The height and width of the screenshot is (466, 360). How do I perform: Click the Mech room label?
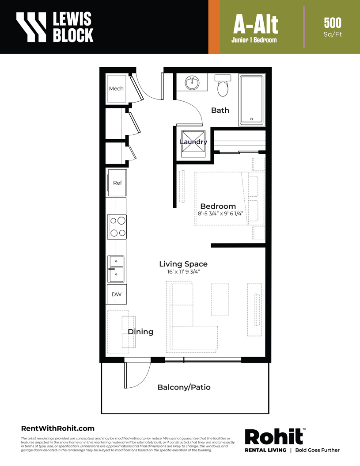coord(116,88)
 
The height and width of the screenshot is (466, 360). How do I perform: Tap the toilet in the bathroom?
coord(223,85)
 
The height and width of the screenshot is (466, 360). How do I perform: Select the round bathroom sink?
coord(192,83)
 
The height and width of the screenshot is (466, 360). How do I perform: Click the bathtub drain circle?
coord(252,119)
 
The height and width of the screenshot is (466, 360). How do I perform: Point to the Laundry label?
coord(193,142)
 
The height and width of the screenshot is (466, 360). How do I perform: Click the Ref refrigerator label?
coord(117,183)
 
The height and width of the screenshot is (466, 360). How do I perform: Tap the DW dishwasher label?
coord(117,294)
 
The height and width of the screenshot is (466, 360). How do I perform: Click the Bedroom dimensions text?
coord(220,214)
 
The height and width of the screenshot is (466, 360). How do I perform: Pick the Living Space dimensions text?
coord(183,271)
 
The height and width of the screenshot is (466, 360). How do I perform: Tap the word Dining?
coord(140,332)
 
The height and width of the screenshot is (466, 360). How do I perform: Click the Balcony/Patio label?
coord(184,387)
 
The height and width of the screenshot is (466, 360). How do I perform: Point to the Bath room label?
coord(220,110)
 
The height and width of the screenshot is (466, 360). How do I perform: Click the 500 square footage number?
coord(333,23)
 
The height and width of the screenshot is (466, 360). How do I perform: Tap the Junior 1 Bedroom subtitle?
coord(254,40)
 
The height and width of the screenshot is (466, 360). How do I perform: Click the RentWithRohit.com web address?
coord(57,428)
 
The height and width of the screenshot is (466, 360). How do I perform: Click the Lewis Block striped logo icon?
coord(31,27)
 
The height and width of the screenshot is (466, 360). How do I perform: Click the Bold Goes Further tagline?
coord(317,450)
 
